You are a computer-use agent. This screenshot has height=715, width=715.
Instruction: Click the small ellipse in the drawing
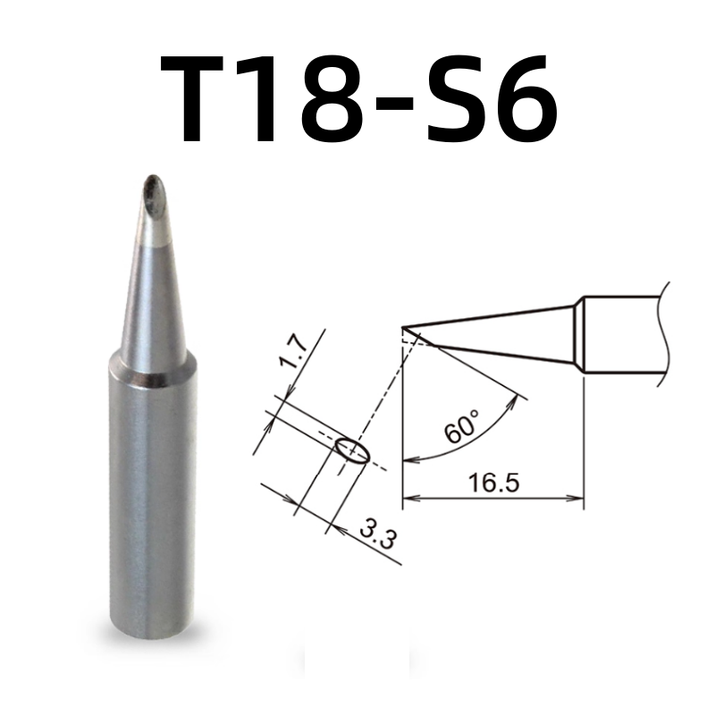pos(350,450)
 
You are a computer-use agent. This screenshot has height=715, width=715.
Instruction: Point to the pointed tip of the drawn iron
pos(404,327)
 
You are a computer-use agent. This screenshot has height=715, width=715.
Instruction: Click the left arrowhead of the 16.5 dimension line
pos(408,498)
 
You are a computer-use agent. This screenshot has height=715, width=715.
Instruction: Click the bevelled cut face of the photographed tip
pos(153,192)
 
